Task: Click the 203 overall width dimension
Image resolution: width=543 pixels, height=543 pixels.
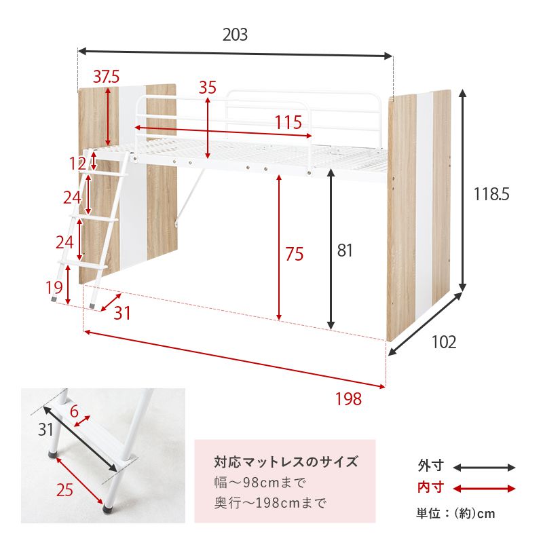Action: tap(235, 35)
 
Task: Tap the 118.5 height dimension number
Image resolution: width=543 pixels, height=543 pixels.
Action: tap(491, 194)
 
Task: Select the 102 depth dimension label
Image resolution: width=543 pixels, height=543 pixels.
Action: tap(444, 342)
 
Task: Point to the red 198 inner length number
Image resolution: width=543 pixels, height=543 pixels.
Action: tap(348, 399)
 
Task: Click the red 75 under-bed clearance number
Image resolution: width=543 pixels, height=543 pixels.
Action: tap(294, 254)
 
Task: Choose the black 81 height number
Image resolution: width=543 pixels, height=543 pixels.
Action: tap(345, 251)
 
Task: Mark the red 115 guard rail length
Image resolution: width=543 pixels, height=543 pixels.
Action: tap(288, 123)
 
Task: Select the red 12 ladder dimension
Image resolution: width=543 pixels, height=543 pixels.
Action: tap(77, 163)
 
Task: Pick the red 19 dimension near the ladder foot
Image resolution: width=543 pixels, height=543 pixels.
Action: tap(54, 288)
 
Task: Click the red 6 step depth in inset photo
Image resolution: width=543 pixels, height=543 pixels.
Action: tap(74, 411)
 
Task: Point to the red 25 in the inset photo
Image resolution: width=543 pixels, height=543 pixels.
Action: tap(64, 489)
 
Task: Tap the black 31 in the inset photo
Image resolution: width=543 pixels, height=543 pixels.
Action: tap(45, 429)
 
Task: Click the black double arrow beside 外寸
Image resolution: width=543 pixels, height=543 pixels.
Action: tap(484, 467)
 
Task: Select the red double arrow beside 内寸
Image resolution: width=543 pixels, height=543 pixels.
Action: tap(484, 488)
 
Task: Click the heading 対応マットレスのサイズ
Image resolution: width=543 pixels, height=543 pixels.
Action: tap(286, 463)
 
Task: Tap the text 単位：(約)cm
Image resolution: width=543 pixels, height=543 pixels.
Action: tap(455, 513)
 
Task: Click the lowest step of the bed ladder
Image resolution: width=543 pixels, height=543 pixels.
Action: tap(82, 259)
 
